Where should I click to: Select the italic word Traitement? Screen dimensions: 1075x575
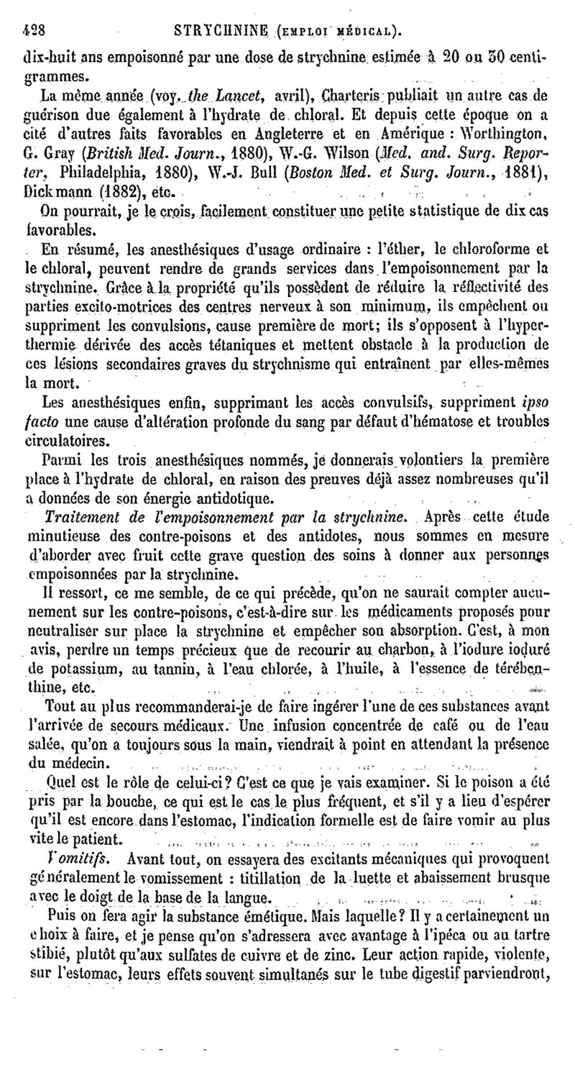click(78, 516)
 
